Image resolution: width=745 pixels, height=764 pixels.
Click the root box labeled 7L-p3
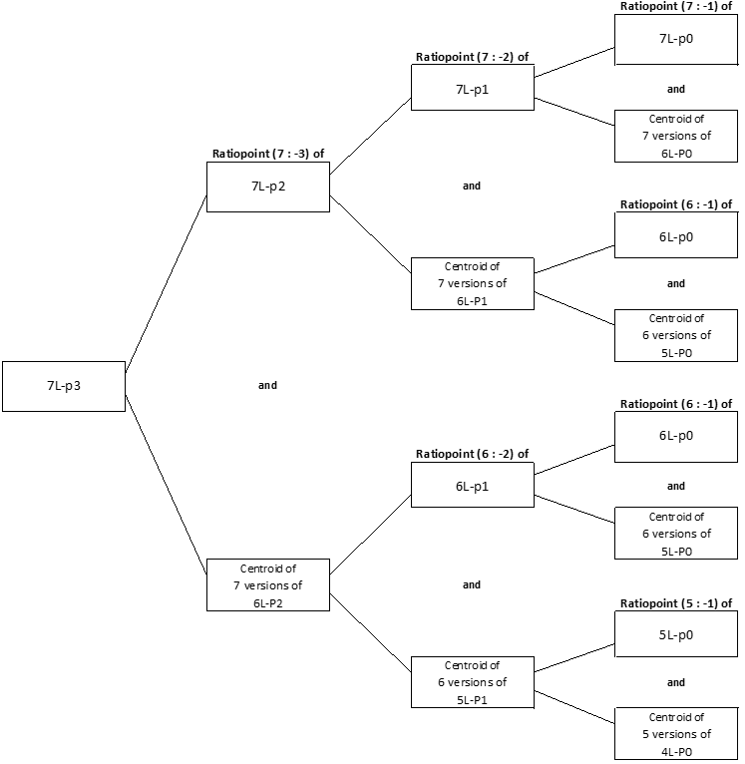[x=64, y=386]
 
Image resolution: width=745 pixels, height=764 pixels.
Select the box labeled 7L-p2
[x=267, y=188]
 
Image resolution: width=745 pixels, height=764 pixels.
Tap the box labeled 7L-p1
[x=472, y=90]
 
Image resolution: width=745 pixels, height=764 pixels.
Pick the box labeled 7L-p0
[x=676, y=39]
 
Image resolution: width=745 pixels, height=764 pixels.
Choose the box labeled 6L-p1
[x=472, y=486]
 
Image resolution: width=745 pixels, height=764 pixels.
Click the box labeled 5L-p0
[x=676, y=634]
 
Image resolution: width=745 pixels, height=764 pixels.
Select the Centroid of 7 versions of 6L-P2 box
[x=267, y=585]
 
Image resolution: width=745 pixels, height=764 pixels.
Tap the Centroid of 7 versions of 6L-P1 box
[x=472, y=283]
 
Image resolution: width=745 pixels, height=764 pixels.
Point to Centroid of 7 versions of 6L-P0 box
[x=676, y=136]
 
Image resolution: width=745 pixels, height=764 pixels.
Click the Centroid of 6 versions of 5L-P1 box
[x=472, y=682]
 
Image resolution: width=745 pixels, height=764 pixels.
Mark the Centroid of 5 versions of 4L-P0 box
[x=676, y=733]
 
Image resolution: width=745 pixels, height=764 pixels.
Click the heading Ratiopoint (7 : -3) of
[x=268, y=154]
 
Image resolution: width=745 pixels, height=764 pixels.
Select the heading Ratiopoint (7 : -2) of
[x=472, y=57]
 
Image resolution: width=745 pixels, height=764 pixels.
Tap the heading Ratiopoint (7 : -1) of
[x=676, y=6]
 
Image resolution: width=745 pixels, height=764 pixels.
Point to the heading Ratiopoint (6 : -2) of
[x=472, y=454]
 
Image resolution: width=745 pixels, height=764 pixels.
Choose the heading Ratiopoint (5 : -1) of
[x=676, y=603]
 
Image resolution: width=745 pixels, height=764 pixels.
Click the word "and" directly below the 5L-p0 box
[x=676, y=683]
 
